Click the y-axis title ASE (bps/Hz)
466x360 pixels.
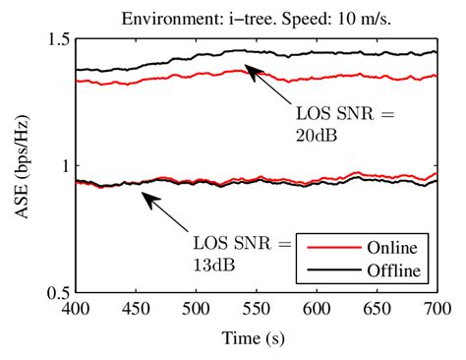click(22, 164)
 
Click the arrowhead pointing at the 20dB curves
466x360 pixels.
click(249, 68)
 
